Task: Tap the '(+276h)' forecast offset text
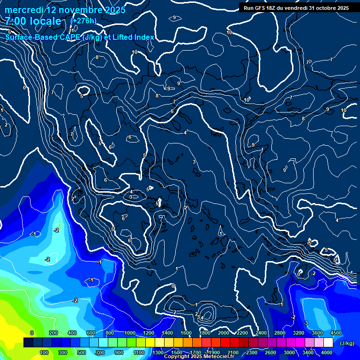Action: pos(83,21)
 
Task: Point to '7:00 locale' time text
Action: pos(33,22)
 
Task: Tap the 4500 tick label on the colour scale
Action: pos(336,333)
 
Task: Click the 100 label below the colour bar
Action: pos(44,352)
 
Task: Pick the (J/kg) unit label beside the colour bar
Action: pos(346,343)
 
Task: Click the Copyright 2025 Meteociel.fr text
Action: pos(199,357)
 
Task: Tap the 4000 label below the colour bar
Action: pos(327,352)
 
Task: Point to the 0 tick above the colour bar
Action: pos(32,333)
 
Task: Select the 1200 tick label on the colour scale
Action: pos(148,333)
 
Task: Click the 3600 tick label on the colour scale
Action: pos(317,333)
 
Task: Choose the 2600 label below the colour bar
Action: pos(270,352)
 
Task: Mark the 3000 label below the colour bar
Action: pos(289,352)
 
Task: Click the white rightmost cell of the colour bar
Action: pos(331,343)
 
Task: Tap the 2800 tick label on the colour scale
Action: pos(280,333)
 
